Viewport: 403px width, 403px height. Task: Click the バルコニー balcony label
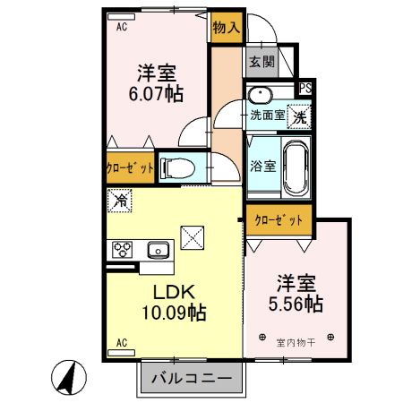click(x=191, y=378)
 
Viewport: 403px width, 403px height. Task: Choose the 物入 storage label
click(x=226, y=27)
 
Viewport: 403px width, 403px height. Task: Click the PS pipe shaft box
click(x=305, y=88)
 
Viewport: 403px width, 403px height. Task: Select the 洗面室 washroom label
click(x=267, y=115)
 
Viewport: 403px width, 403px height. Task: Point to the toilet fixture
click(x=177, y=167)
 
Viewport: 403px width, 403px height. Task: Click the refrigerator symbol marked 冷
click(x=118, y=201)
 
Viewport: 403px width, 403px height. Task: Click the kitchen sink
click(x=159, y=250)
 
